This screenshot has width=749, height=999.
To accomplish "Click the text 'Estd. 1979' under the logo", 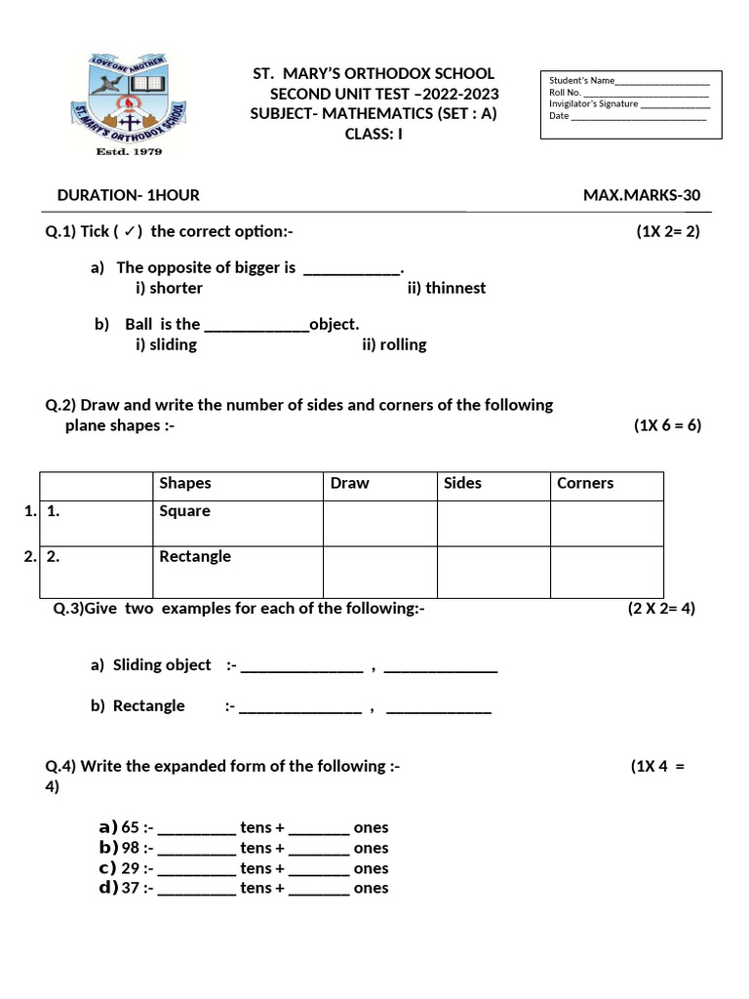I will [129, 152].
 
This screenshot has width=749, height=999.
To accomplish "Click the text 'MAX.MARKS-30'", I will [642, 195].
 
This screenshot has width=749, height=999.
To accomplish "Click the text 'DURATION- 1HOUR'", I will [129, 195].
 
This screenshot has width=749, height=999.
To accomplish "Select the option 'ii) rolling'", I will [393, 344].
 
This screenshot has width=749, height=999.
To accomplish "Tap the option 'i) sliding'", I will [166, 344].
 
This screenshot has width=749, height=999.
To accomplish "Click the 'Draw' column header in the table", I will [350, 484].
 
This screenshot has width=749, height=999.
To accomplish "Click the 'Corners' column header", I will [585, 484].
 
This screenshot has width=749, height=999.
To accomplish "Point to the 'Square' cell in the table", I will [184, 511].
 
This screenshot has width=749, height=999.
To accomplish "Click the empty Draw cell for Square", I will [379, 523].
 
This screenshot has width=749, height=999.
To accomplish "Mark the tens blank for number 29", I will [196, 870].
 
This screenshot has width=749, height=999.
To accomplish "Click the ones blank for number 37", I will [319, 890].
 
